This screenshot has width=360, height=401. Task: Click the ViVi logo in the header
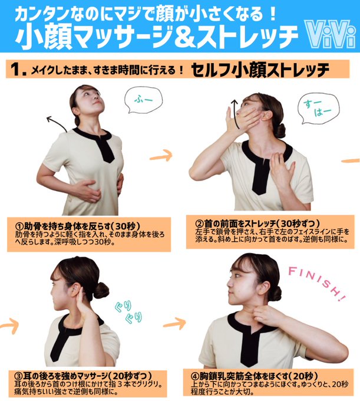(x=330, y=34)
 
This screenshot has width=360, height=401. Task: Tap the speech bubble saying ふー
(x=144, y=100)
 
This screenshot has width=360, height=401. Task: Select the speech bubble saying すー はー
(x=319, y=108)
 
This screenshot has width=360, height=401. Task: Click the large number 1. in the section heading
(x=18, y=70)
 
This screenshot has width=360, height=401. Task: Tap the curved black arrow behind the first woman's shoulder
(x=57, y=124)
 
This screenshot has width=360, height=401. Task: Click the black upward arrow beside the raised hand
(x=236, y=114)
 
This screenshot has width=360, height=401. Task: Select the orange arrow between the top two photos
(x=161, y=156)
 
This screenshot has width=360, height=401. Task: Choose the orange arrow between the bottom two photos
(x=174, y=324)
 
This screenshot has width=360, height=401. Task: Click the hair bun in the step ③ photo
(x=101, y=290)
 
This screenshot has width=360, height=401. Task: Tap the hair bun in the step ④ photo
(x=276, y=293)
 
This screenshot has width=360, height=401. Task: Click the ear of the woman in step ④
(x=263, y=288)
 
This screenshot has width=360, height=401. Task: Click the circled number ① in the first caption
(x=19, y=226)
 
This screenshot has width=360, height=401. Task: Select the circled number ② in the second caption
(x=199, y=224)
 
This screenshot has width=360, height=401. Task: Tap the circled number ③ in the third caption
(x=19, y=376)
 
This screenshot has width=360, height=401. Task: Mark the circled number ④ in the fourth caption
(x=195, y=376)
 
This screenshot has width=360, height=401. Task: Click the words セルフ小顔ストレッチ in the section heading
(x=260, y=70)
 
